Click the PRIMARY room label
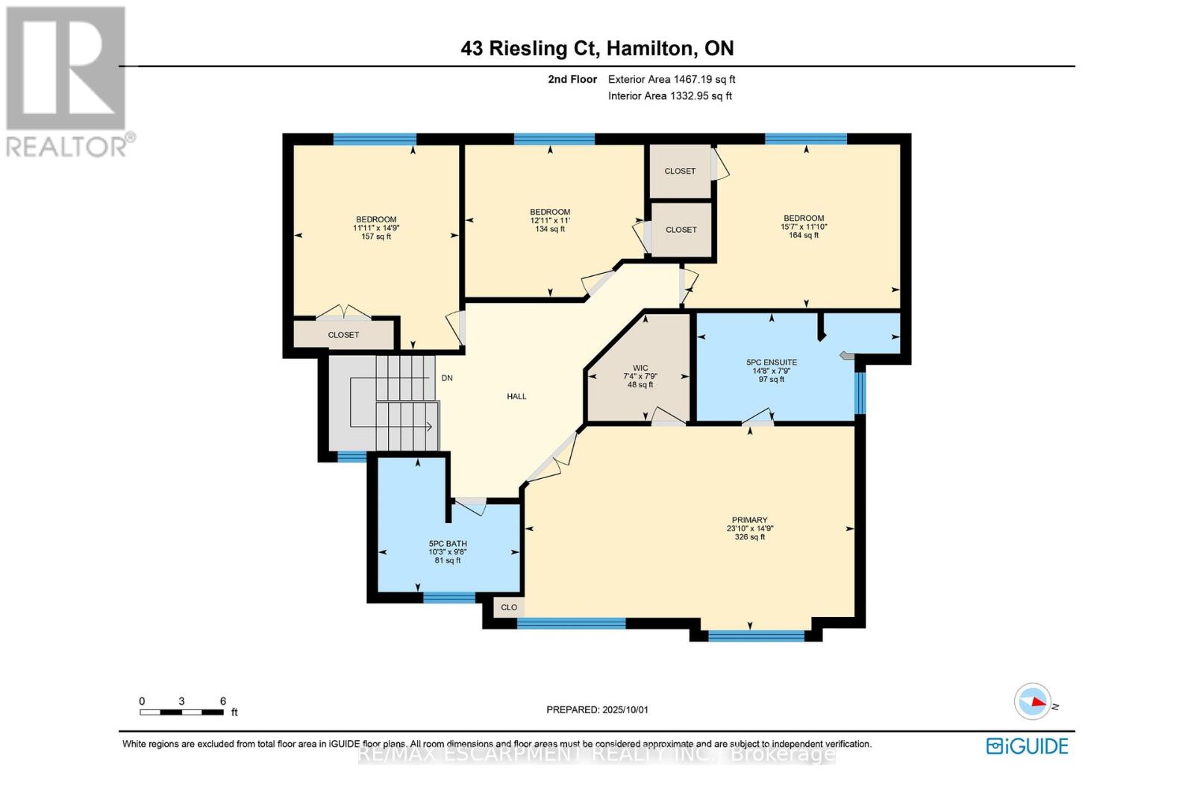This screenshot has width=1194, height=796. click(749, 520)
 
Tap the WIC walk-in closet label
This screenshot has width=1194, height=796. click(640, 368)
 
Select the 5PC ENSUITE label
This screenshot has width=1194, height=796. click(772, 363)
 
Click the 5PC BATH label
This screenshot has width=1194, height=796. click(448, 544)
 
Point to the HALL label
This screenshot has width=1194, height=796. click(516, 397)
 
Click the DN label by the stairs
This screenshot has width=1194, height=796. click(447, 378)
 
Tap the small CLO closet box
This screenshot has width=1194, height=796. click(509, 607)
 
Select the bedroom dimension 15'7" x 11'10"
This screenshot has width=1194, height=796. click(804, 227)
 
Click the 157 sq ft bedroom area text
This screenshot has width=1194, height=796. click(376, 236)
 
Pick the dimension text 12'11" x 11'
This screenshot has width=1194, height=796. click(550, 221)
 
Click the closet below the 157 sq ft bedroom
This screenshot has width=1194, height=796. click(343, 335)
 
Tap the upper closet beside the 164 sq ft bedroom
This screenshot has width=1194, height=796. click(680, 171)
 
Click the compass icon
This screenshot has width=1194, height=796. click(1033, 701)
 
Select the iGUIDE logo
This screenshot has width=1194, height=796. click(1027, 746)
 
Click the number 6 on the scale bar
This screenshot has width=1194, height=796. click(222, 701)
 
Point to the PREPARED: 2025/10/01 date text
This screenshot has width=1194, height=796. click(597, 709)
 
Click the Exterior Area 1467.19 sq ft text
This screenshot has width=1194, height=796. click(672, 79)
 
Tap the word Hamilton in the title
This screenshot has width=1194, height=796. click(648, 48)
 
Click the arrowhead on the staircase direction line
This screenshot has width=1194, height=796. click(430, 427)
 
